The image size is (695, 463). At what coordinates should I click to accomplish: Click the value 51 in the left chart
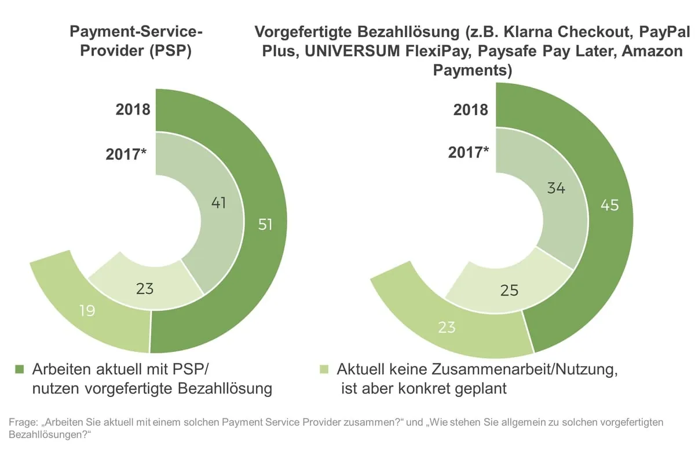(265, 225)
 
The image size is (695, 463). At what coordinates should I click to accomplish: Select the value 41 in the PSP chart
(218, 203)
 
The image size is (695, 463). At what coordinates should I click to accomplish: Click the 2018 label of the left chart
(133, 109)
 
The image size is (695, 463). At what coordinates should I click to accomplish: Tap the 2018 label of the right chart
(470, 109)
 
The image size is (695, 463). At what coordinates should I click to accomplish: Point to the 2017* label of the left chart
(126, 155)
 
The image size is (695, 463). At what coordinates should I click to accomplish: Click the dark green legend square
(20, 369)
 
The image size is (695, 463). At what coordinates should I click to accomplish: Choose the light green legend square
(324, 369)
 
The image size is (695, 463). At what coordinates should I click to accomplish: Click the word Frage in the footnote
(23, 423)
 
